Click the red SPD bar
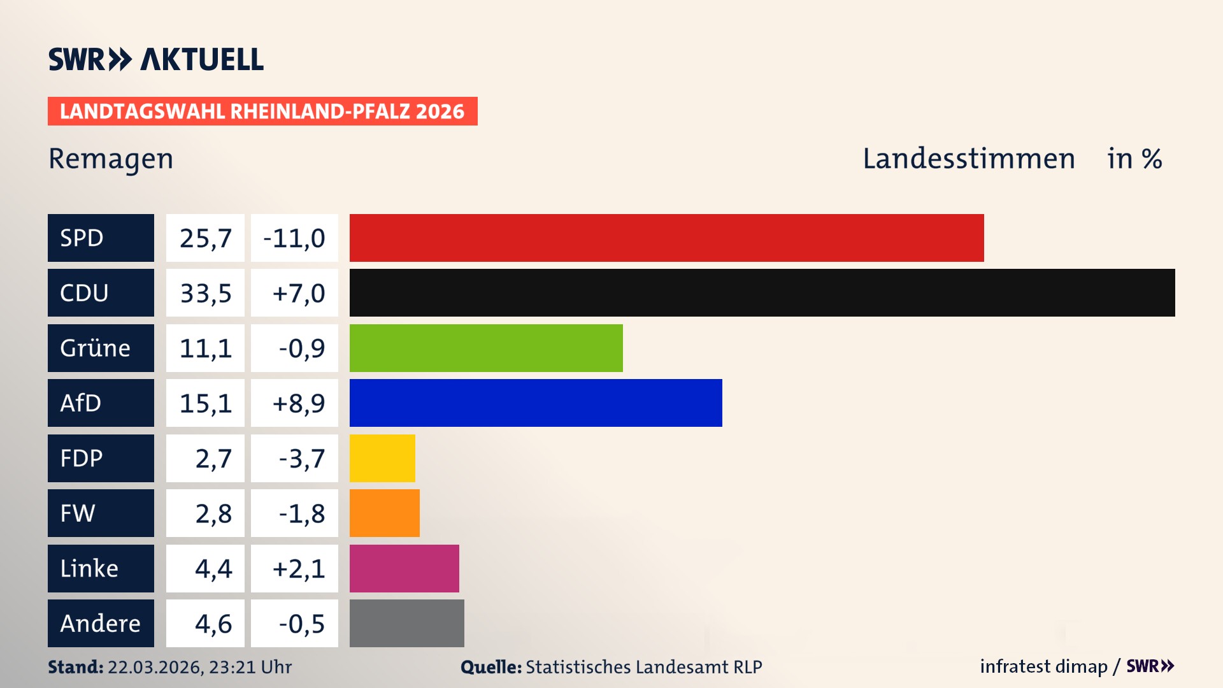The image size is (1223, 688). coord(666,238)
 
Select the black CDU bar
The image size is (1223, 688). coord(762,293)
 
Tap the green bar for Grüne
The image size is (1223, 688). coord(486,348)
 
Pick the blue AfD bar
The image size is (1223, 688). coord(536,403)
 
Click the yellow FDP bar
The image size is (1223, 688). coord(382,458)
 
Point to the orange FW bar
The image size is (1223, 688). coord(384,513)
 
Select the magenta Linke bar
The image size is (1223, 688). coord(404,568)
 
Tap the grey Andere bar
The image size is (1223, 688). coord(406,623)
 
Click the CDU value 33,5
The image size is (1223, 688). coord(205,293)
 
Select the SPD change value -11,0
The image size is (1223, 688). coord(294,238)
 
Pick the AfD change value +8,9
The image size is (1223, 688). coord(298,403)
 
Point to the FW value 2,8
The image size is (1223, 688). coord(213,513)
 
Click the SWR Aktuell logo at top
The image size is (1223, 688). coord(155,59)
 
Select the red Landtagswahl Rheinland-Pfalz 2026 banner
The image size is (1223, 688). coord(262,111)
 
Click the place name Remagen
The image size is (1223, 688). coord(111,159)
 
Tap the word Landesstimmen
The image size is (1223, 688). coord(968,159)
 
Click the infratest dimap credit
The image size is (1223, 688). coord(1043,666)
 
